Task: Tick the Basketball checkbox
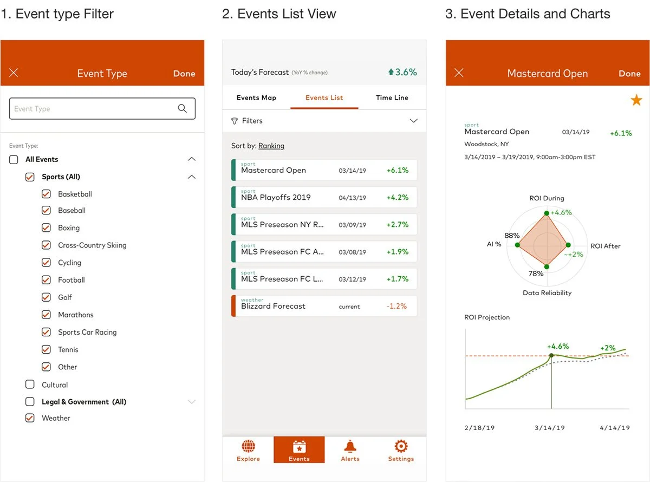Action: [x=46, y=194]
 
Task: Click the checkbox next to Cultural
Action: [x=30, y=385]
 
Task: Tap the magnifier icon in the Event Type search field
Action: [x=183, y=108]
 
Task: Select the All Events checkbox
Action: [x=14, y=159]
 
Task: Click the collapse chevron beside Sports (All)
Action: [x=191, y=177]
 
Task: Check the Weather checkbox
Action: [x=30, y=418]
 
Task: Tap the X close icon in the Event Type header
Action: [x=14, y=73]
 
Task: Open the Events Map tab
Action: [x=256, y=97]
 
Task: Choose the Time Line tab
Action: [x=392, y=97]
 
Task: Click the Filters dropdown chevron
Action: [x=414, y=121]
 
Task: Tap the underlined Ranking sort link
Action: [x=271, y=146]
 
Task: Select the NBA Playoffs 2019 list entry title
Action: [x=276, y=198]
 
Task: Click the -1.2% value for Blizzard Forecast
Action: [x=396, y=306]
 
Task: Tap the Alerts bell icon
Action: [x=350, y=446]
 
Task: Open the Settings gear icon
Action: [x=401, y=446]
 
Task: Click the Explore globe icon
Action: [x=248, y=446]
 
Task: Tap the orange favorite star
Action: [x=636, y=100]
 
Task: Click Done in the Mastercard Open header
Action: [x=629, y=74]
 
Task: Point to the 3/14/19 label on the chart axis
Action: [x=550, y=428]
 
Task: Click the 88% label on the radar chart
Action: [x=512, y=236]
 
